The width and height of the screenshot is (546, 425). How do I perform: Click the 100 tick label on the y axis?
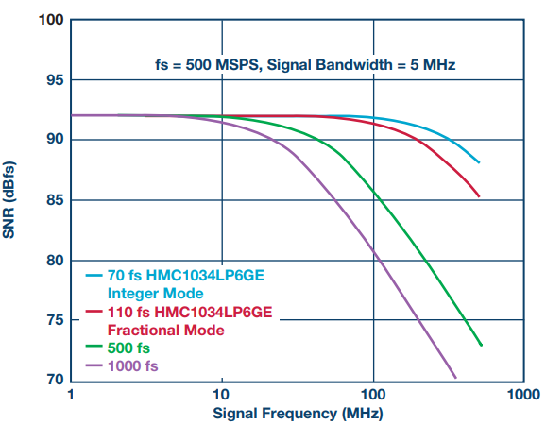point(51,20)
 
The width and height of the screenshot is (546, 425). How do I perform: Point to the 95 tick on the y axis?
point(56,80)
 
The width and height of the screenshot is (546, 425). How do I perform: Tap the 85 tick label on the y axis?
point(56,200)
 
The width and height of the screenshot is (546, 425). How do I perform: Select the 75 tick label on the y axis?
point(56,319)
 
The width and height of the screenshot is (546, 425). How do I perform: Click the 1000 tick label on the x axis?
point(523,395)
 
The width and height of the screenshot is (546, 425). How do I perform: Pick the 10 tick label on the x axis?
point(221,395)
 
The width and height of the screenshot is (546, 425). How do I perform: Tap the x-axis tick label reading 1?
point(71,395)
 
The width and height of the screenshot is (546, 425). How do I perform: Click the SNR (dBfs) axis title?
point(9,200)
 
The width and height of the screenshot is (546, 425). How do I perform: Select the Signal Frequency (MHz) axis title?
point(299,414)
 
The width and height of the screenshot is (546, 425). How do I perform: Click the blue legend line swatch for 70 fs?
point(94,276)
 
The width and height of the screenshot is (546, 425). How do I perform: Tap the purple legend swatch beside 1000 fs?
point(94,365)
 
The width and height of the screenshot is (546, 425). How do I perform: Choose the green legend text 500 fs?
point(128,348)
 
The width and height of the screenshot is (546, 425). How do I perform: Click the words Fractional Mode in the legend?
point(165,330)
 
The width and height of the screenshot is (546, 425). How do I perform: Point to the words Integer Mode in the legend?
point(155,294)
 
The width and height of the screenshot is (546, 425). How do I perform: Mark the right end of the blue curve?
point(479,162)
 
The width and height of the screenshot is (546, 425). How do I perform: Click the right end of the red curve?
point(479,196)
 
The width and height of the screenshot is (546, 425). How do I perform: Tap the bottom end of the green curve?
point(481,345)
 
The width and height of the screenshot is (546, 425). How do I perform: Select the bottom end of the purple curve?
point(455,378)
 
